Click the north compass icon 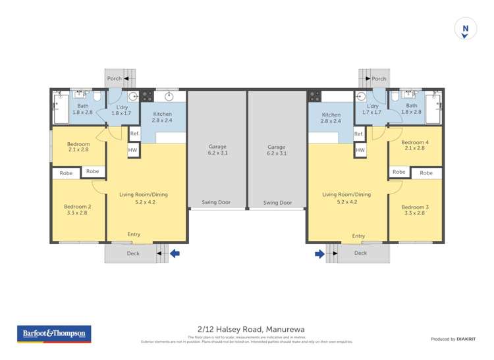pyautogui.click(x=466, y=30)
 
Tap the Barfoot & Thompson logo pyautogui.click(x=54, y=334)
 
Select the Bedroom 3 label pyautogui.click(x=415, y=207)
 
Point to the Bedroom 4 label pyautogui.click(x=415, y=142)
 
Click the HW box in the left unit pyautogui.click(x=134, y=150)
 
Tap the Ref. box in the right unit pyautogui.click(x=359, y=134)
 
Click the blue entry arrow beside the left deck pyautogui.click(x=175, y=253)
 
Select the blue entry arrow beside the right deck pyautogui.click(x=319, y=253)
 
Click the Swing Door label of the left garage pyautogui.click(x=216, y=202)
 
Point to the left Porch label pyautogui.click(x=115, y=78)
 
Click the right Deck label pyautogui.click(x=360, y=253)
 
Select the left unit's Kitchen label pyautogui.click(x=162, y=114)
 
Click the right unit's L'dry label pyautogui.click(x=372, y=106)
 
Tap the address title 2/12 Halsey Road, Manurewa pyautogui.click(x=247, y=329)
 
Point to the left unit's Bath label pyautogui.click(x=83, y=105)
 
